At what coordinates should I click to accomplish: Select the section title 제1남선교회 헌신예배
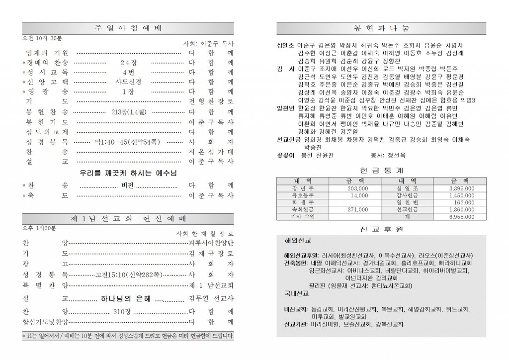pyautogui.click(x=128, y=219)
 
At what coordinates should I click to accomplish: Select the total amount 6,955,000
pyautogui.click(x=462, y=217)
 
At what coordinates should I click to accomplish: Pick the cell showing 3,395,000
pyautogui.click(x=461, y=189)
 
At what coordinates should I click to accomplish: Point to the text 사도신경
pyautogui.click(x=127, y=82)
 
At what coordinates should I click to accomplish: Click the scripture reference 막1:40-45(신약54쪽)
pyautogui.click(x=127, y=142)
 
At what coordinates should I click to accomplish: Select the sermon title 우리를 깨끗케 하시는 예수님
pyautogui.click(x=128, y=173)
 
